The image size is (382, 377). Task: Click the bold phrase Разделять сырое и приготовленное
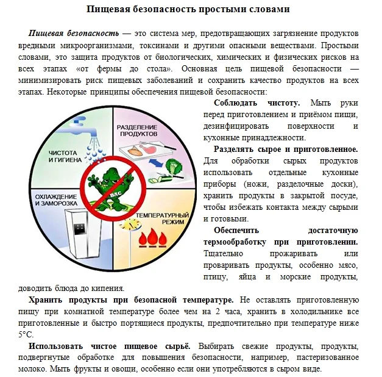coord(286,149)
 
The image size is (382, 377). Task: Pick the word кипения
coord(108,289)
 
